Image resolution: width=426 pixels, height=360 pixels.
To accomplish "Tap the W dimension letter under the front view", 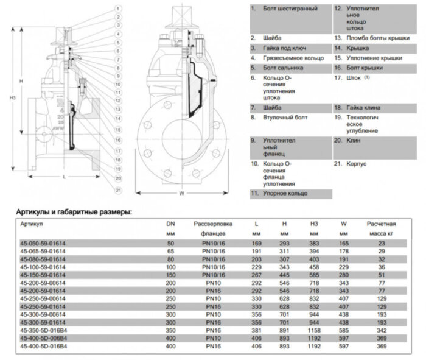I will point(182,194).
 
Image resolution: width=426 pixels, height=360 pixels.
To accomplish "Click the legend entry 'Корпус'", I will point(355,164).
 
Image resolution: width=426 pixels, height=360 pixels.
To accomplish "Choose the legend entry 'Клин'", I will point(352,140).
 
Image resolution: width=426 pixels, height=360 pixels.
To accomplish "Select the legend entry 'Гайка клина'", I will point(360,107).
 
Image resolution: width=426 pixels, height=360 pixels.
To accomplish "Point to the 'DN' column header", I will point(170,224).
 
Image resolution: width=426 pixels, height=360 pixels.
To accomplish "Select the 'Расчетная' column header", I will point(382,224).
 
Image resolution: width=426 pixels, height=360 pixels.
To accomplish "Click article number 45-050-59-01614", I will point(44,244).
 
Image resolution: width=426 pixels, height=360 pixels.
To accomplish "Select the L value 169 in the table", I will point(256,244).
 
